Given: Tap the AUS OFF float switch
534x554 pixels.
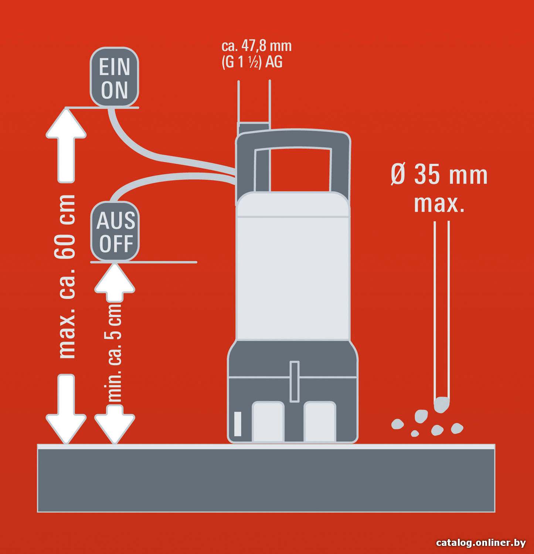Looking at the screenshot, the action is pyautogui.click(x=115, y=231).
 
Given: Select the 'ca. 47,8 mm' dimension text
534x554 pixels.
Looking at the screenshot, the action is pyautogui.click(x=256, y=46).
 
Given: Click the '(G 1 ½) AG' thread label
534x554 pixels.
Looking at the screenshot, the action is pyautogui.click(x=252, y=62).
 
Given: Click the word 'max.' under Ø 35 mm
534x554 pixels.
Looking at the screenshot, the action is pyautogui.click(x=439, y=204).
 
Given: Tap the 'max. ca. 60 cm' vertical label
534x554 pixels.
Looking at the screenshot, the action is pyautogui.click(x=67, y=276).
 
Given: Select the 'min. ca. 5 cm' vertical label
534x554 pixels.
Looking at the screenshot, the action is pyautogui.click(x=115, y=353).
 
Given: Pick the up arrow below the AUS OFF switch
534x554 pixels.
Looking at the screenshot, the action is pyautogui.click(x=115, y=283).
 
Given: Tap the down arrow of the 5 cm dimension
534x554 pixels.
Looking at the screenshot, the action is pyautogui.click(x=115, y=424).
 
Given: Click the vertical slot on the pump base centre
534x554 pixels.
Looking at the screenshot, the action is pyautogui.click(x=294, y=382).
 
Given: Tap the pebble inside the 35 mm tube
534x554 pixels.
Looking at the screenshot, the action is pyautogui.click(x=442, y=405).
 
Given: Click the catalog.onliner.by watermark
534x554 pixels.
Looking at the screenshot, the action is pyautogui.click(x=481, y=543).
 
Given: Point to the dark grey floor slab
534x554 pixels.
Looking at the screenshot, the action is pyautogui.click(x=266, y=478).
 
